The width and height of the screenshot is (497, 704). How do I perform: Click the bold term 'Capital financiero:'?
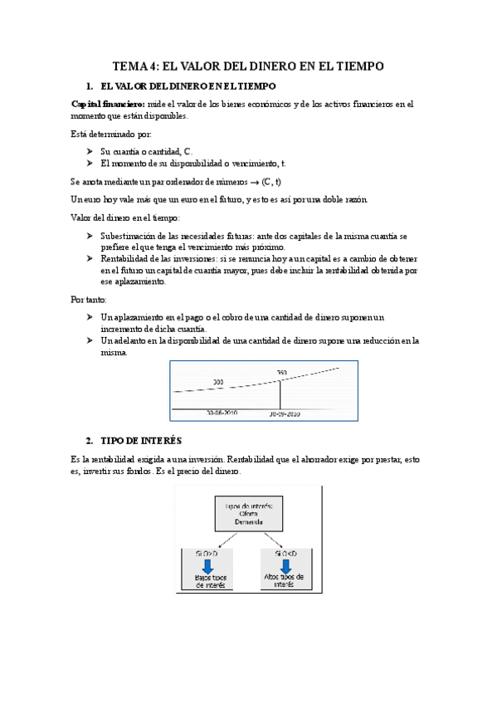pos(108,104)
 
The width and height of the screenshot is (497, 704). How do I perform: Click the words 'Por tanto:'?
pos(90,299)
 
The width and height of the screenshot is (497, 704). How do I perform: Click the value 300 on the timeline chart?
pos(218,382)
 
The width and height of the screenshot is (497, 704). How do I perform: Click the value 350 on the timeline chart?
pos(281,371)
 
